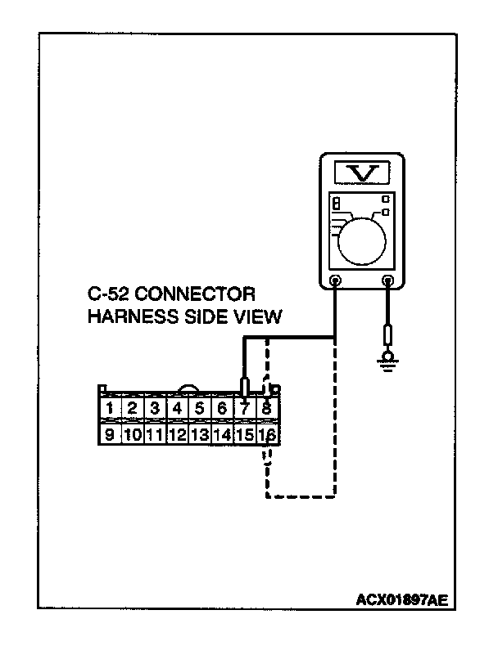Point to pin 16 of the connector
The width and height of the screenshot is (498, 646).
pyautogui.click(x=266, y=434)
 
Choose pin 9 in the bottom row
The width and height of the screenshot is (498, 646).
pyautogui.click(x=109, y=434)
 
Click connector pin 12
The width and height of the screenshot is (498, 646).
pyautogui.click(x=177, y=434)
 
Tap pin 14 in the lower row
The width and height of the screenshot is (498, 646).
pyautogui.click(x=222, y=434)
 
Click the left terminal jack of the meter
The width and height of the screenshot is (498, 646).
pyautogui.click(x=335, y=282)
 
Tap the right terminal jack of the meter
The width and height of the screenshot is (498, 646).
pyautogui.click(x=388, y=282)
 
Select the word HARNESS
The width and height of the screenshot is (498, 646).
pyautogui.click(x=128, y=316)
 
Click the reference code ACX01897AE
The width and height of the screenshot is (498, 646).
pyautogui.click(x=401, y=599)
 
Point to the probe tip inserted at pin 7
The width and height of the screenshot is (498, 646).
pyautogui.click(x=244, y=387)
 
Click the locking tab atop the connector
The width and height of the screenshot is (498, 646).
pyautogui.click(x=190, y=390)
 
